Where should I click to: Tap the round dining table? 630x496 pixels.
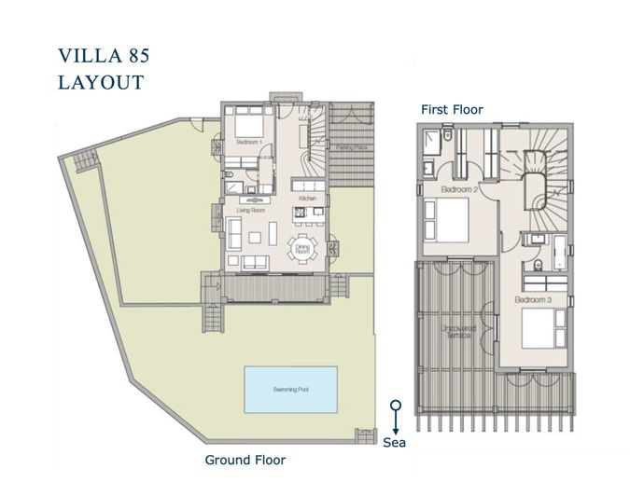[301, 249]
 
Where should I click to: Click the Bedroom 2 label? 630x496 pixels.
[459, 189]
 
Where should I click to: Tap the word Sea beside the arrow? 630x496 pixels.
[395, 443]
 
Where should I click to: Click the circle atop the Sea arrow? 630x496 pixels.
[396, 406]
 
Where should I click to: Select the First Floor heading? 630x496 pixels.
[452, 110]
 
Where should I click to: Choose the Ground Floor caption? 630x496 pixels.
[245, 460]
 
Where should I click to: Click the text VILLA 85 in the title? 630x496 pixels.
[104, 55]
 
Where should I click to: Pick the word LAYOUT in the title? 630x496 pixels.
[101, 82]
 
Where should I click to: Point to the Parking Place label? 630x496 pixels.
[350, 147]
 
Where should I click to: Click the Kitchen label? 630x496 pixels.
[308, 200]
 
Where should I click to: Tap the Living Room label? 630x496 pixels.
[251, 210]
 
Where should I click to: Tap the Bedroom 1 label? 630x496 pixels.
[248, 142]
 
